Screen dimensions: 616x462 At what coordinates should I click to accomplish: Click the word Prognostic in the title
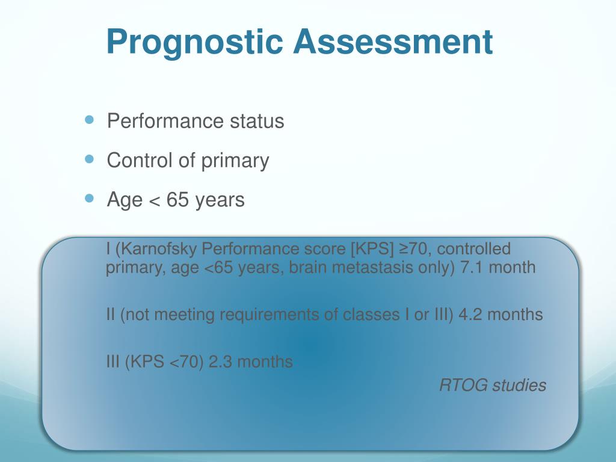(195, 43)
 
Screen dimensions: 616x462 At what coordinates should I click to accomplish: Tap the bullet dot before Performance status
(90, 120)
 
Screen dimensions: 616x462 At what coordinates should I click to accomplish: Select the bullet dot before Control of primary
(90, 159)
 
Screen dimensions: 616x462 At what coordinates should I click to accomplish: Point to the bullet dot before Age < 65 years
(90, 199)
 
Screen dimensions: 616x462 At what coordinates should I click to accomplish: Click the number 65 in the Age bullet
(177, 200)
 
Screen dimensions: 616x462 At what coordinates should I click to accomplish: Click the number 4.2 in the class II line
(470, 315)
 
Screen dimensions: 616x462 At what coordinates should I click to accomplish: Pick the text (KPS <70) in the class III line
(164, 362)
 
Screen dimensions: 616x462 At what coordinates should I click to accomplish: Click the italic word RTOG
(464, 385)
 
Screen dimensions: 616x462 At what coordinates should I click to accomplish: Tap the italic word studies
(519, 385)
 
